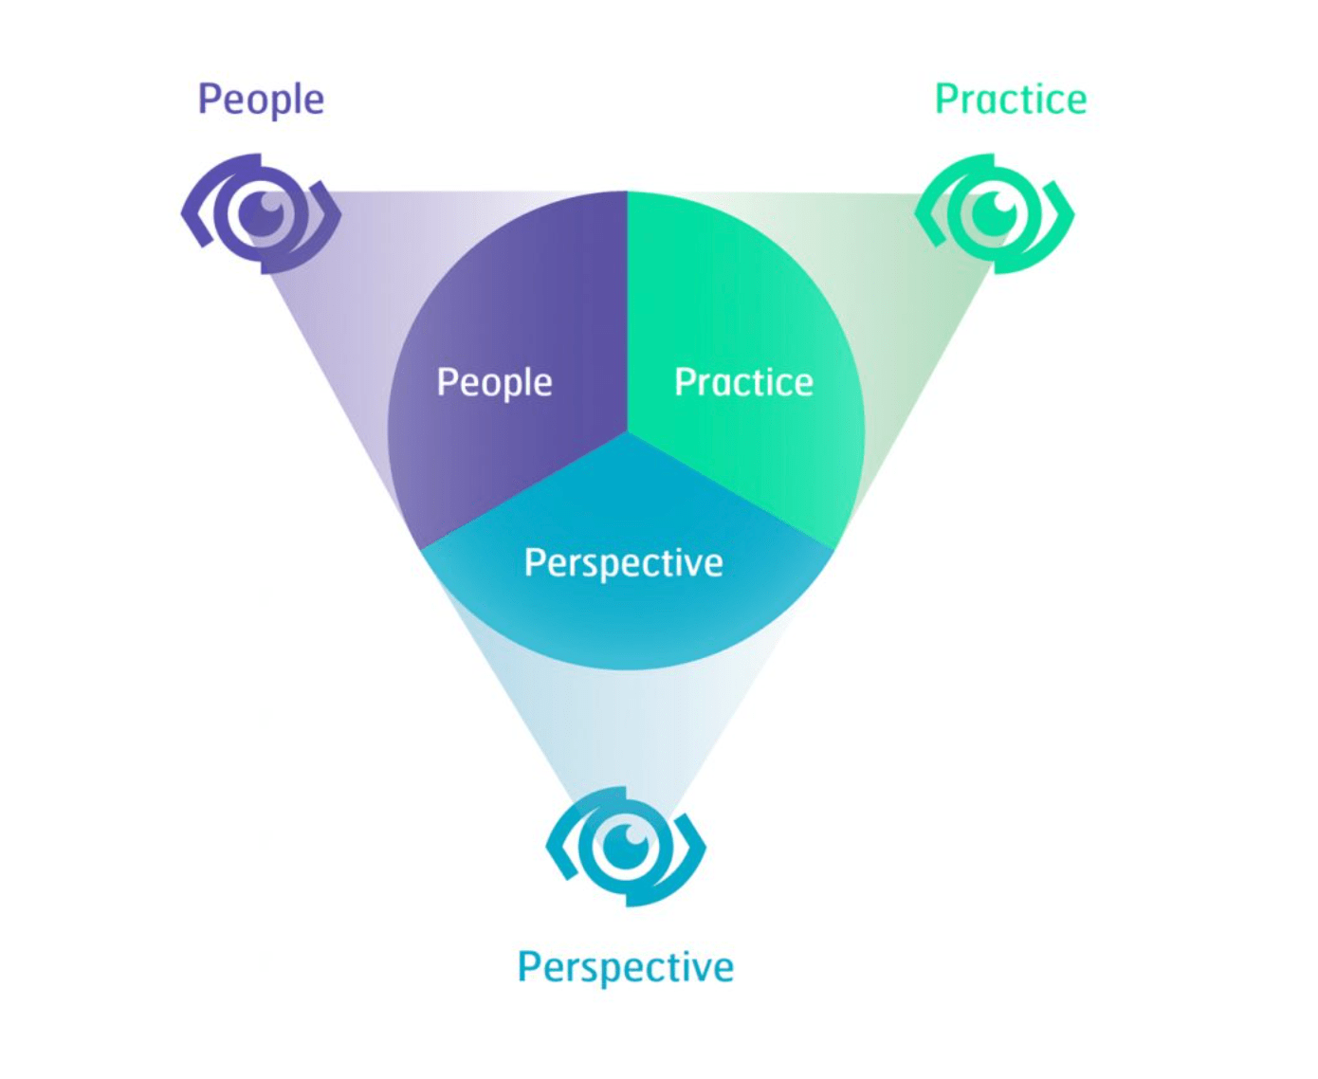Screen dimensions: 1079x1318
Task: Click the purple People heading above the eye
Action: [x=261, y=100]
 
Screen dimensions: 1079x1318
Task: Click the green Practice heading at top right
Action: [x=1011, y=100]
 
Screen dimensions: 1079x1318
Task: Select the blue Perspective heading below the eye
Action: [x=626, y=967]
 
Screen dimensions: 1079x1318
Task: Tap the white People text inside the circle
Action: [x=494, y=382]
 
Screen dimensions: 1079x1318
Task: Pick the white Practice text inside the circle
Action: [x=743, y=382]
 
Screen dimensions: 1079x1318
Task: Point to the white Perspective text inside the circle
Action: [x=624, y=563]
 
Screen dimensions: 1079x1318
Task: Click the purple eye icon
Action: [x=262, y=214]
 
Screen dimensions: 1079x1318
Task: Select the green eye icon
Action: [x=995, y=214]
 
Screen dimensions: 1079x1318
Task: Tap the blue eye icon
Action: [x=626, y=847]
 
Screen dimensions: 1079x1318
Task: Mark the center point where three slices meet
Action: [x=627, y=432]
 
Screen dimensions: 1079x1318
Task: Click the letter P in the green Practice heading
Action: [x=945, y=100]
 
